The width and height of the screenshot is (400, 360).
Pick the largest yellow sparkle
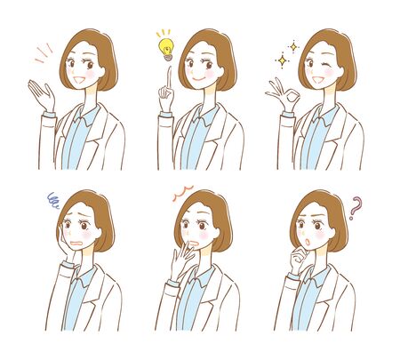[284, 60]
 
